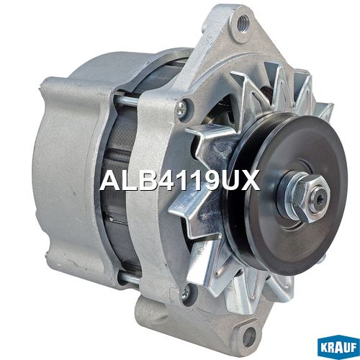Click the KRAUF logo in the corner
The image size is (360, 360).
338,347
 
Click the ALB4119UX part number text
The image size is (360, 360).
180,180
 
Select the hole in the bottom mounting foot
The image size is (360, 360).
249,337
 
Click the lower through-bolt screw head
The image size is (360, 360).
185,292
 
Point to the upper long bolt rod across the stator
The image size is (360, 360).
127,100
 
